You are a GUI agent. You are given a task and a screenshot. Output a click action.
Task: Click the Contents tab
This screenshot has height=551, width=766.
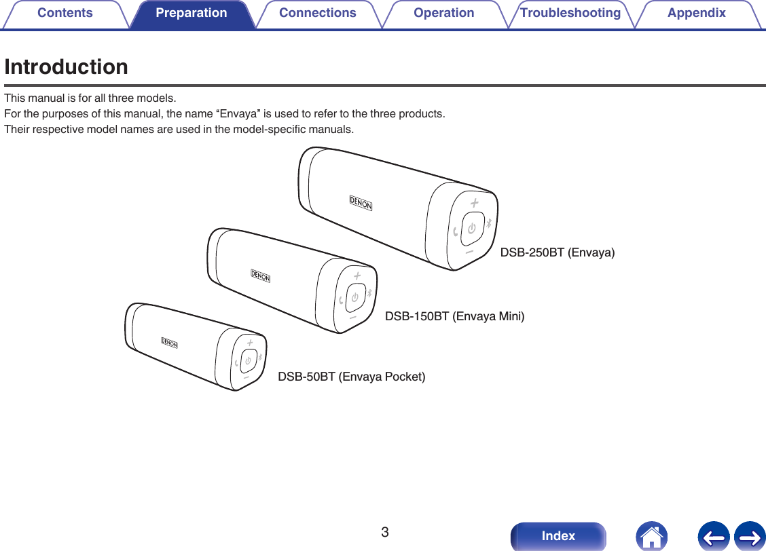pyautogui.click(x=65, y=14)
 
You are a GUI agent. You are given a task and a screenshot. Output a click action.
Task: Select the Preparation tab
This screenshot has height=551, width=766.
pyautogui.click(x=191, y=14)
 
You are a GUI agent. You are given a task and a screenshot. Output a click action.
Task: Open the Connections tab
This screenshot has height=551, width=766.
pyautogui.click(x=317, y=14)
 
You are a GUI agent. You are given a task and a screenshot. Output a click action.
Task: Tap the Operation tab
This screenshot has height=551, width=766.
pyautogui.click(x=443, y=14)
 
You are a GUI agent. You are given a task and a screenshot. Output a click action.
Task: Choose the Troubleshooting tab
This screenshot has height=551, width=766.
pyautogui.click(x=570, y=14)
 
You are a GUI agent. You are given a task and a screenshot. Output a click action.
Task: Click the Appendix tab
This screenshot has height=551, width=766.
pyautogui.click(x=696, y=14)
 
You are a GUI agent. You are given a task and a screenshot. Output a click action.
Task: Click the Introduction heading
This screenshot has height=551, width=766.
pyautogui.click(x=66, y=67)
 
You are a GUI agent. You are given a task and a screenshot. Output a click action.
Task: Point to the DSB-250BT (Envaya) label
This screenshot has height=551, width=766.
pyautogui.click(x=558, y=253)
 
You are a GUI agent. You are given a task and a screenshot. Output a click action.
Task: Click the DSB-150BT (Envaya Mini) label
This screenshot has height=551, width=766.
pyautogui.click(x=454, y=316)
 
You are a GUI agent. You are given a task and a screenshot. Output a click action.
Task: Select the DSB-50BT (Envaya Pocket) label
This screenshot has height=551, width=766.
pyautogui.click(x=352, y=377)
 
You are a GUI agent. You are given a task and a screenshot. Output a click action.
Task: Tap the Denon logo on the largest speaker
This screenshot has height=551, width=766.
pyautogui.click(x=361, y=203)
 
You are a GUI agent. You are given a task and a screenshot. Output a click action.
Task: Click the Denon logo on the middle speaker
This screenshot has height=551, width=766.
pyautogui.click(x=261, y=276)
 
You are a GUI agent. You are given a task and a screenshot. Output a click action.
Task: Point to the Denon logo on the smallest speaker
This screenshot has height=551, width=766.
pyautogui.click(x=170, y=343)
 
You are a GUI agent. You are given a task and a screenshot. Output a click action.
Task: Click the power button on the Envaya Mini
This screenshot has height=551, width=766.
pyautogui.click(x=354, y=297)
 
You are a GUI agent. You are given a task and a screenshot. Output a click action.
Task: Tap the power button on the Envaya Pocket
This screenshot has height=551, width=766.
pyautogui.click(x=249, y=360)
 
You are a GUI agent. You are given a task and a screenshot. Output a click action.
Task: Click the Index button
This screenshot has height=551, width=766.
pyautogui.click(x=558, y=536)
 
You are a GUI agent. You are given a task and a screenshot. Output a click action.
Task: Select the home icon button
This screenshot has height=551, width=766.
pyautogui.click(x=651, y=536)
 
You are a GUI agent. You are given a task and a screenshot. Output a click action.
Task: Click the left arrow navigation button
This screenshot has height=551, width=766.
pyautogui.click(x=713, y=536)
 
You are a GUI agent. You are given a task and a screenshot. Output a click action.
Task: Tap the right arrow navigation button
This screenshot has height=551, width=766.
pyautogui.click(x=749, y=536)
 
